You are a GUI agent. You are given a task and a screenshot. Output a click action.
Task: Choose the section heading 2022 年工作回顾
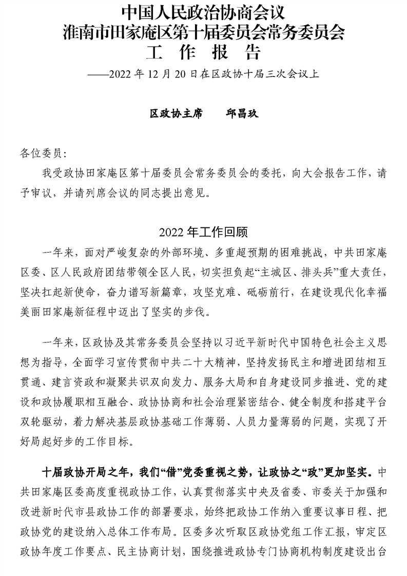(x=203, y=232)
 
